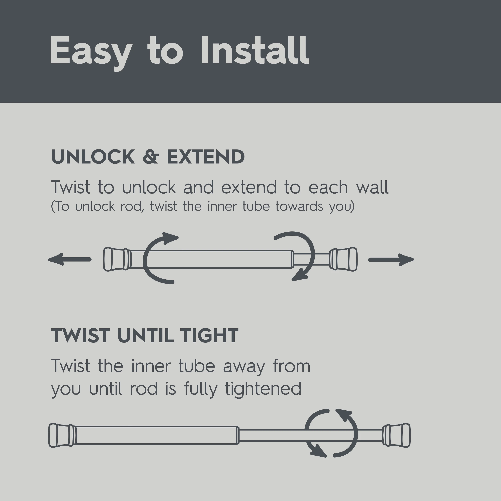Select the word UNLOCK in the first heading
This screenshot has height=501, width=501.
pyautogui.click(x=93, y=157)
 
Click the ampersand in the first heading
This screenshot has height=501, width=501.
pyautogui.click(x=151, y=157)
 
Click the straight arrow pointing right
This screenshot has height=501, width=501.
pyautogui.click(x=391, y=260)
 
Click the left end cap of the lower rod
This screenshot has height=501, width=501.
pyautogui.click(x=62, y=435)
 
